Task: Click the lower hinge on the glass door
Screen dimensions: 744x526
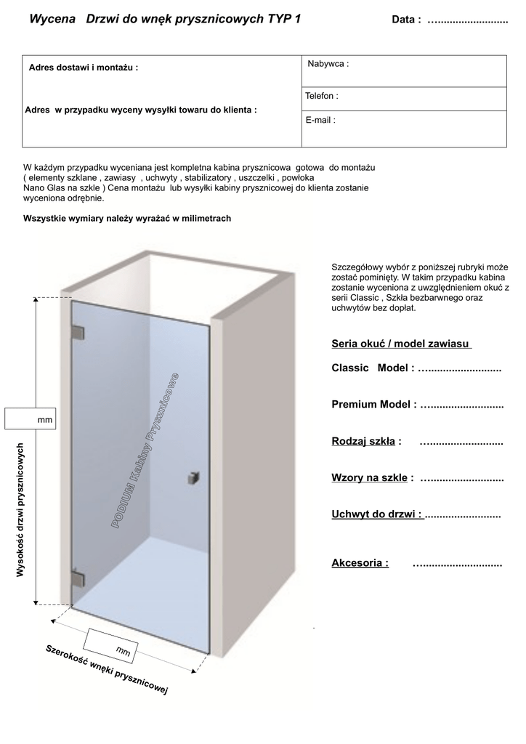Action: coord(77,578)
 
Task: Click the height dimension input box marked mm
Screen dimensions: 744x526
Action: coord(30,419)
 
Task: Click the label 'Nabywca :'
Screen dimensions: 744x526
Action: coord(328,64)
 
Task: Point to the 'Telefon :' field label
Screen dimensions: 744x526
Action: coord(322,96)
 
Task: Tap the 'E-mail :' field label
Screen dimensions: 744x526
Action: coord(320,121)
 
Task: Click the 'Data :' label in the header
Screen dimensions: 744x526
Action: coord(406,20)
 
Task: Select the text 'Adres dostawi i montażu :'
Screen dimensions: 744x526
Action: coord(84,68)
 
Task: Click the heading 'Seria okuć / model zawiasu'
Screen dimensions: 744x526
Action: coord(401,343)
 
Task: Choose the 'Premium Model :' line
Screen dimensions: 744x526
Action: coord(373,404)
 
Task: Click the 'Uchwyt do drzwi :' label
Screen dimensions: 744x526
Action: coord(376,514)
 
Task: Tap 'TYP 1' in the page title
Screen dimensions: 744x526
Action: coord(283,20)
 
